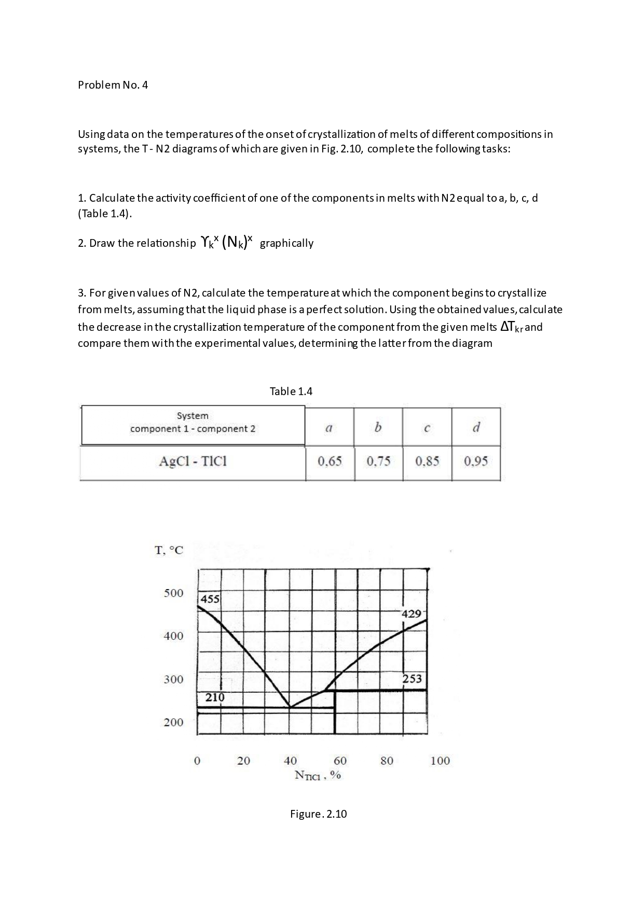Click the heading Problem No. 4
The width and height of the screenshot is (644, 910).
(x=113, y=85)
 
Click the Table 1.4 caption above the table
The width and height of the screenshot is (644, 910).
(x=291, y=391)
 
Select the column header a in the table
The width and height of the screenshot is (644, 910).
(x=328, y=428)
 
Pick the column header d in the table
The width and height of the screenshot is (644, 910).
(x=476, y=427)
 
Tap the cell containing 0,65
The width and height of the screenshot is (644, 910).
(x=330, y=461)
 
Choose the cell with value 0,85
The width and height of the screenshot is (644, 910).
(x=427, y=461)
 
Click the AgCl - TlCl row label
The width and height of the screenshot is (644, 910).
(x=193, y=461)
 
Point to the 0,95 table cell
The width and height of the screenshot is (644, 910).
(x=476, y=461)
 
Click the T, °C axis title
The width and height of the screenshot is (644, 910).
(x=169, y=550)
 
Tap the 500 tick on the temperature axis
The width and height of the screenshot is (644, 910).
(x=173, y=593)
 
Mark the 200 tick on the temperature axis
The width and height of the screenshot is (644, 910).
(x=173, y=722)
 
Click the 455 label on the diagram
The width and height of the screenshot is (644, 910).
(x=210, y=599)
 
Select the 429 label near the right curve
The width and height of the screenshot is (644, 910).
(x=412, y=614)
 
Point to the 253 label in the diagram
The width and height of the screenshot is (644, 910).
(x=412, y=678)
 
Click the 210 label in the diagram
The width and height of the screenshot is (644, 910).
(x=214, y=697)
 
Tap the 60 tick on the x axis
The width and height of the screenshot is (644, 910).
(x=340, y=761)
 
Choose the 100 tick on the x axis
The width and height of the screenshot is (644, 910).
(x=440, y=761)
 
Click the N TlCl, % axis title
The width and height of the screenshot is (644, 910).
(x=317, y=775)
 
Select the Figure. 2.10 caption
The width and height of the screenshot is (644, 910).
(x=318, y=814)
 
